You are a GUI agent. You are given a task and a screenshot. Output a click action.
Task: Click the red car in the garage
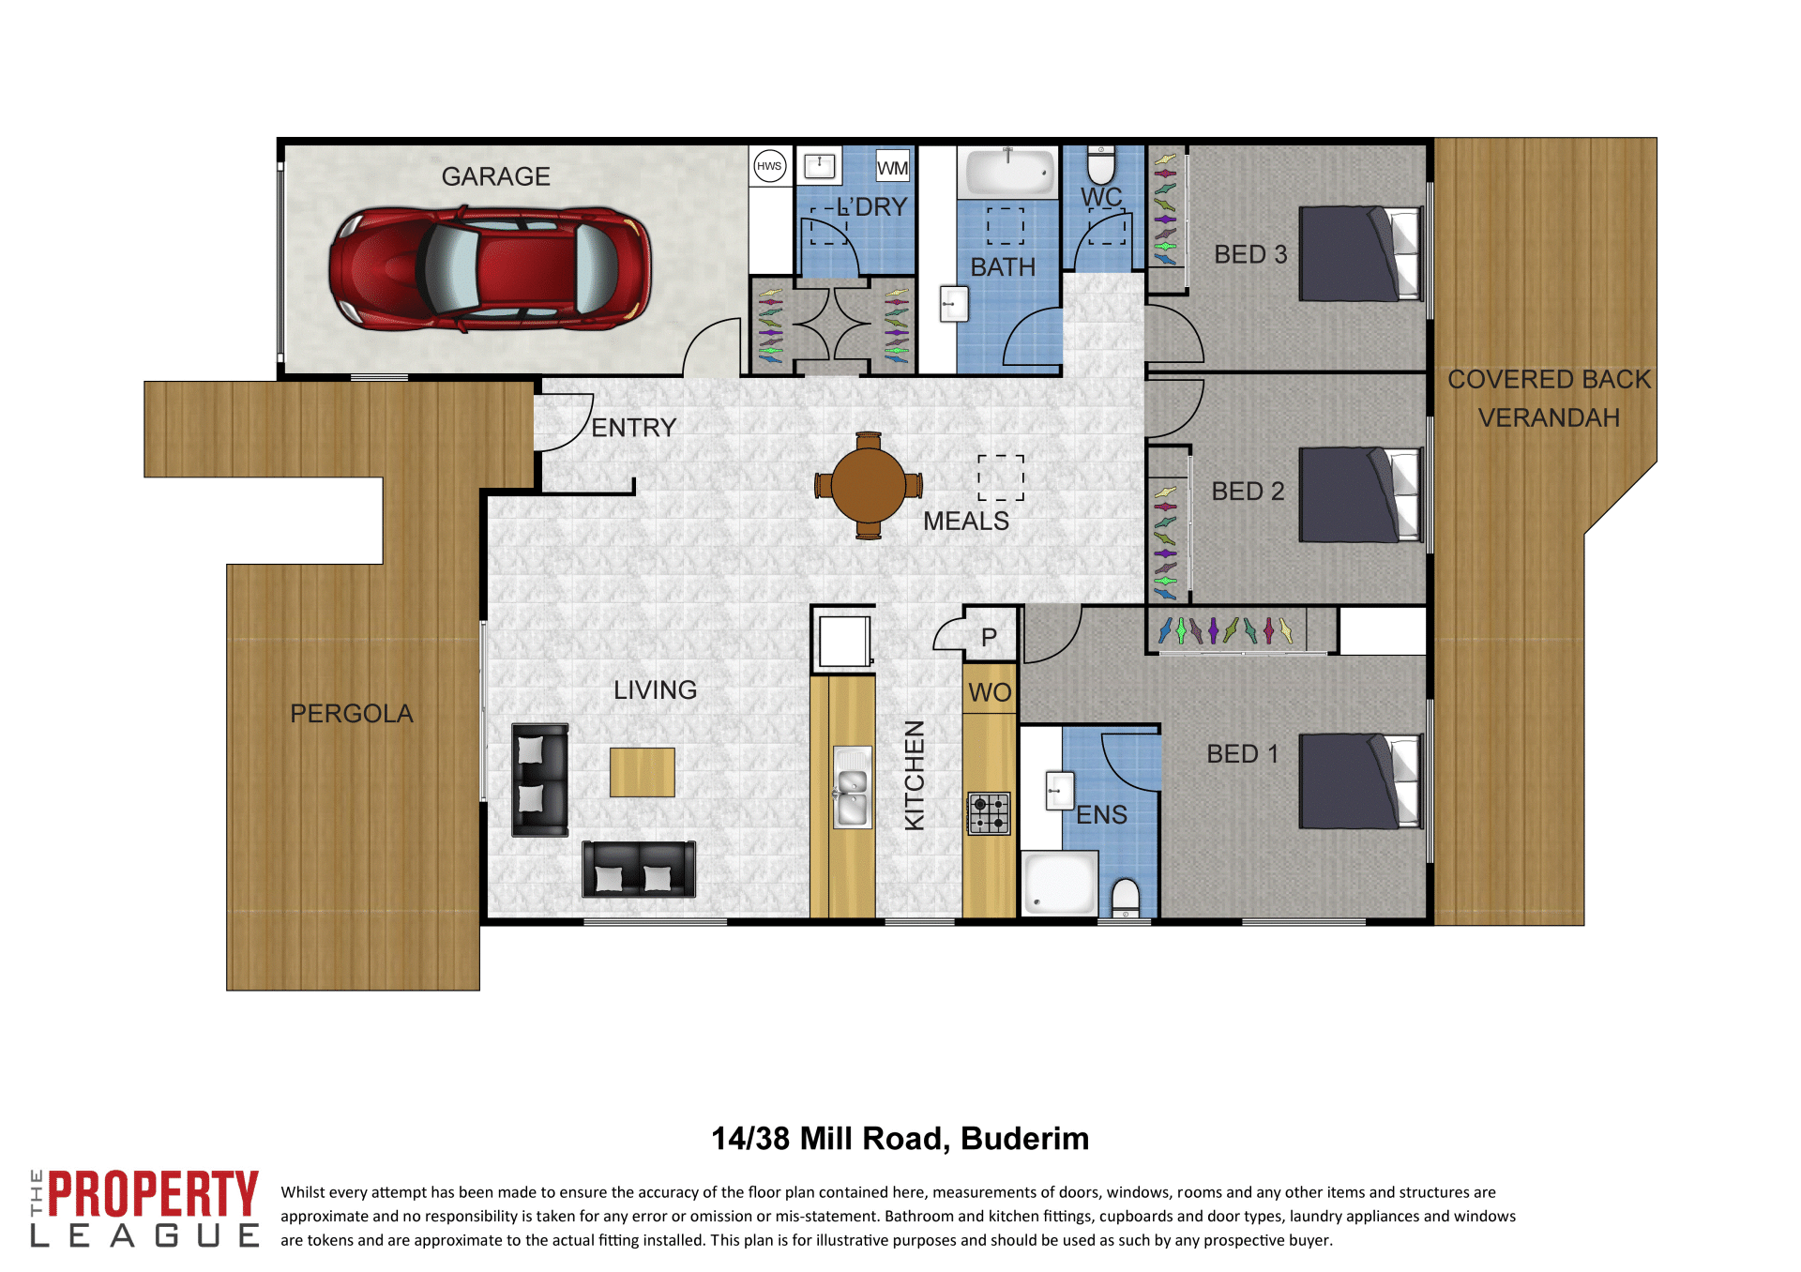[x=490, y=269]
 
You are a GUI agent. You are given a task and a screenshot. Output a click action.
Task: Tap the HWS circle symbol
[x=769, y=166]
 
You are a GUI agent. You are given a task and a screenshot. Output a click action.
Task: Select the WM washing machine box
[x=892, y=165]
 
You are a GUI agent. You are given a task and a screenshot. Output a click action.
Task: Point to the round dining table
[x=869, y=485]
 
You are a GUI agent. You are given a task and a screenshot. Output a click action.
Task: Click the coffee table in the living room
[x=642, y=772]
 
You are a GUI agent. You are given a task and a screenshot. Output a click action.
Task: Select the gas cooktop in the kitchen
[x=989, y=813]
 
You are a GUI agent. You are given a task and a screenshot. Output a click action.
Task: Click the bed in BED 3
[x=1361, y=253]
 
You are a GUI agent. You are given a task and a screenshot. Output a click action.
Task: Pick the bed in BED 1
[x=1361, y=781]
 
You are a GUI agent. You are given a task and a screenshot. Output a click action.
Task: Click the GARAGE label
[x=495, y=176]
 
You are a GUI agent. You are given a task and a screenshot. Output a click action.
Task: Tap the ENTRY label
[x=634, y=428]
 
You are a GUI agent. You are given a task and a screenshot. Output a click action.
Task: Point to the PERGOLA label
[x=352, y=714]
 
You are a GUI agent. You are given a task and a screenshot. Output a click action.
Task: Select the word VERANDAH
[x=1549, y=417]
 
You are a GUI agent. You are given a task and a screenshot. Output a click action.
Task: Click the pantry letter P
[x=989, y=638]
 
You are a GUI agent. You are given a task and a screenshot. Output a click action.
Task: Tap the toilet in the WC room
[x=1101, y=164]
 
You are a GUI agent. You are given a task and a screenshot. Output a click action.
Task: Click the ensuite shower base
[x=1059, y=883]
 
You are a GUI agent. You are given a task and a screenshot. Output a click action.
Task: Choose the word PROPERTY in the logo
[x=153, y=1194]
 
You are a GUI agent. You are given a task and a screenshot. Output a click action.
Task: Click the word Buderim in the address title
[x=1024, y=1138]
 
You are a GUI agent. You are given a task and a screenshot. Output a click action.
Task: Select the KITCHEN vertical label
[x=915, y=775]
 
